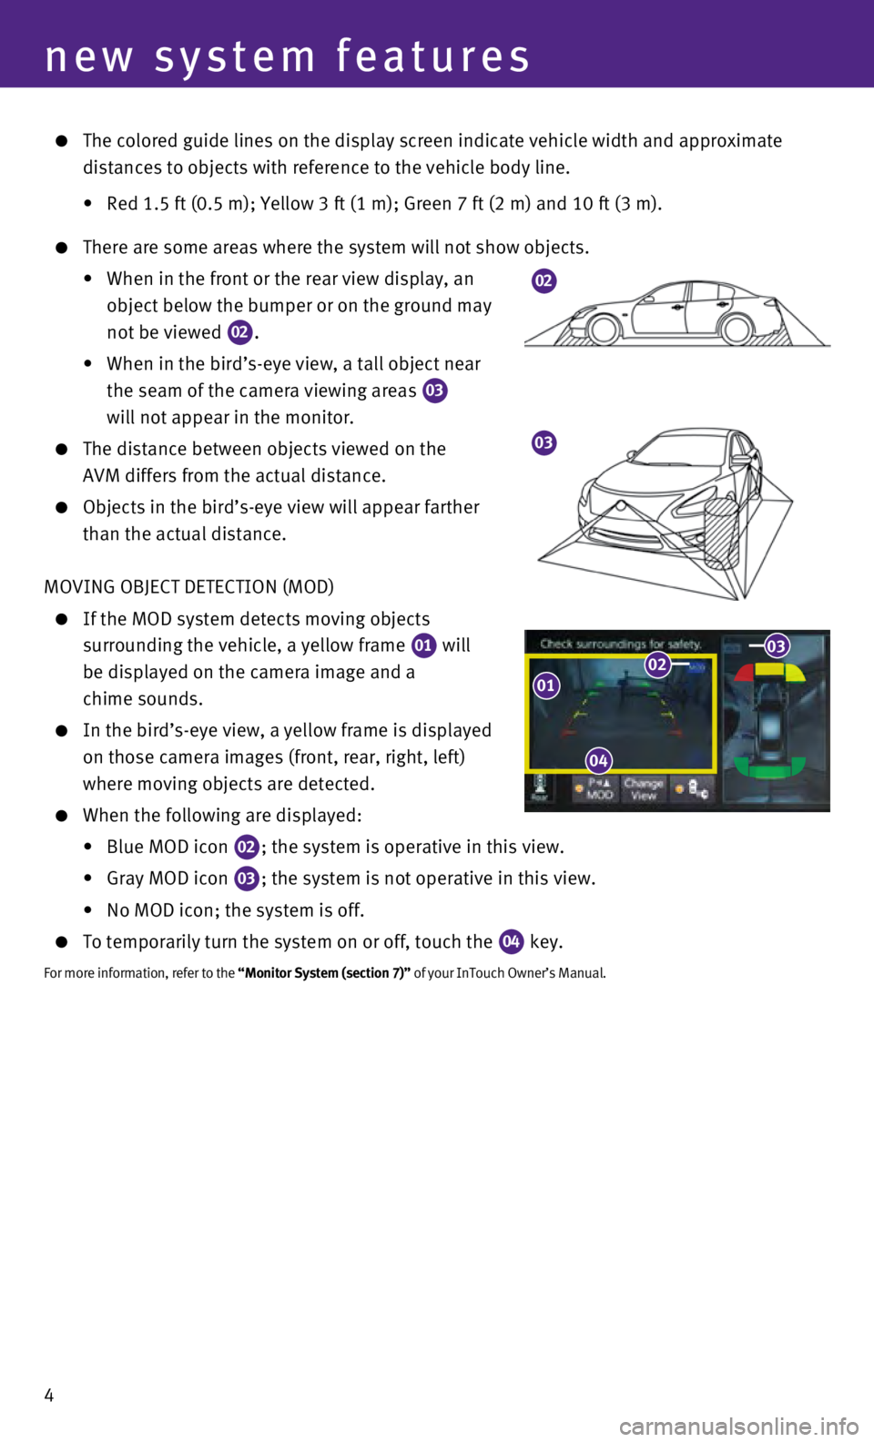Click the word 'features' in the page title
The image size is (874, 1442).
click(433, 56)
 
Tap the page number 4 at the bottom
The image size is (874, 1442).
click(49, 1395)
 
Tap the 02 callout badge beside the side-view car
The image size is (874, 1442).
click(544, 281)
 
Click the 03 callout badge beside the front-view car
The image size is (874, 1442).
click(544, 443)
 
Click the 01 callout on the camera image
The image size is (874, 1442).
click(545, 685)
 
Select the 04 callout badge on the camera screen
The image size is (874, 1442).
click(598, 761)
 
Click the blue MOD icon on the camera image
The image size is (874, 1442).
click(696, 668)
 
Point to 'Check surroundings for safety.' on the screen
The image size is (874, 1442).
click(620, 644)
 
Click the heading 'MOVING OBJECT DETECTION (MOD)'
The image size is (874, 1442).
click(188, 587)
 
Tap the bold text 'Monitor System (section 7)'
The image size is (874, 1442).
click(324, 972)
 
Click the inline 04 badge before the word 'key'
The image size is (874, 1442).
click(511, 941)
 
